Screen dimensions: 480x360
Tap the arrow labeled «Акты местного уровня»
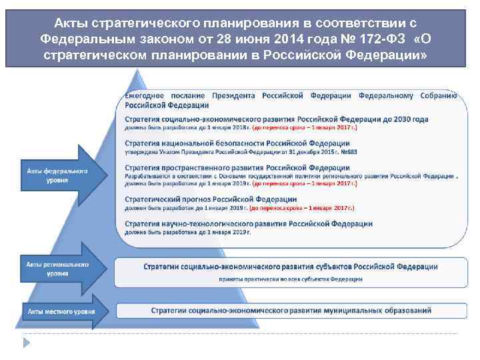click(60, 311)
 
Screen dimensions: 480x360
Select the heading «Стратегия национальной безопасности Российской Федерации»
click(237, 143)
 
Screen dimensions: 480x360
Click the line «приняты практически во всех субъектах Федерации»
click(291, 279)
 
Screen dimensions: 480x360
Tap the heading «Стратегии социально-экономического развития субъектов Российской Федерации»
click(291, 267)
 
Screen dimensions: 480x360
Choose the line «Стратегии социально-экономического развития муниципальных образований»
click(291, 311)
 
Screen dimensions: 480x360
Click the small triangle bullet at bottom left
click(28, 342)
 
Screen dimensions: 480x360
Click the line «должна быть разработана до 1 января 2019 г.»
click(188, 232)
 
